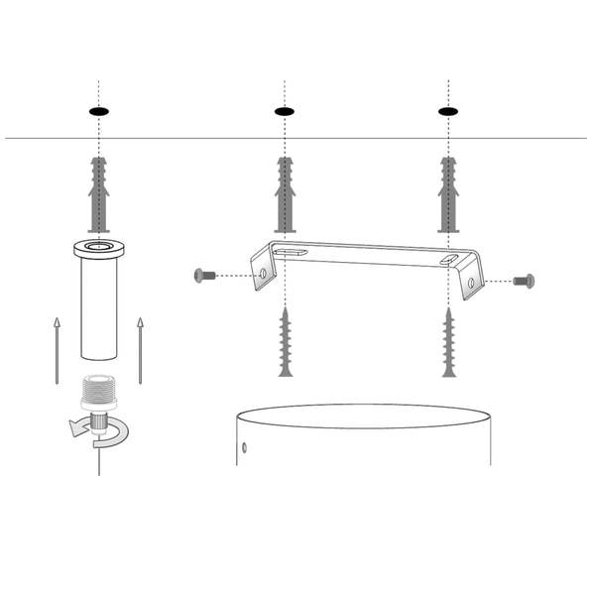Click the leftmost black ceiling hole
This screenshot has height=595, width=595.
click(99, 111)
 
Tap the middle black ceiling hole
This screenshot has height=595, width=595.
click(285, 111)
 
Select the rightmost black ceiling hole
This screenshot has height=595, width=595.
click(449, 111)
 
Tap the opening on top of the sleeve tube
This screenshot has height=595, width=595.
click(99, 246)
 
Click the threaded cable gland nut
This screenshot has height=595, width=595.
click(99, 392)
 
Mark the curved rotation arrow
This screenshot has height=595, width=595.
click(94, 428)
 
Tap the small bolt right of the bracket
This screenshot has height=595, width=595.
click(525, 282)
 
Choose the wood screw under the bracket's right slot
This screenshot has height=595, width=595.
click(449, 343)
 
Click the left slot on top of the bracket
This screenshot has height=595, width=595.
click(290, 253)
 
